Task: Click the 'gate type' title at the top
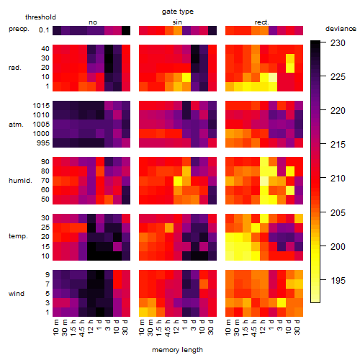[178, 12]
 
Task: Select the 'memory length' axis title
[177, 350]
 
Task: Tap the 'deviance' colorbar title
[341, 29]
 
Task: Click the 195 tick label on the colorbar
[338, 280]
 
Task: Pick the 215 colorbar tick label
[338, 145]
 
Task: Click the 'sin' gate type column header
[177, 22]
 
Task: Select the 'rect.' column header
[262, 22]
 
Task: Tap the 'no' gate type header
[93, 22]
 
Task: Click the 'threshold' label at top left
[40, 17]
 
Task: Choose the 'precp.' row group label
[19, 29]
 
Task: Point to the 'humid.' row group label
[20, 180]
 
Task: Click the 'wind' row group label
[17, 293]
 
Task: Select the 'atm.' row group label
[16, 125]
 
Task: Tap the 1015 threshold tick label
[41, 105]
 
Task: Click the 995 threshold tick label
[43, 143]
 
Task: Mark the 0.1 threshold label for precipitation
[44, 30]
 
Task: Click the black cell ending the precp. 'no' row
[126, 30]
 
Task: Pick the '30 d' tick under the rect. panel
[297, 327]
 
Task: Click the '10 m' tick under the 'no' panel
[55, 327]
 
